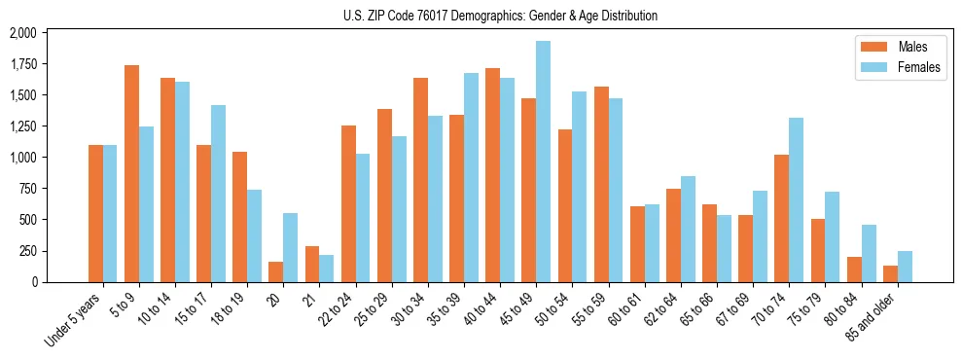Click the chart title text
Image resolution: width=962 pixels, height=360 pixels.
[500, 16]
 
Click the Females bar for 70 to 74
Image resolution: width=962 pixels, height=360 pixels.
[796, 199]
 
